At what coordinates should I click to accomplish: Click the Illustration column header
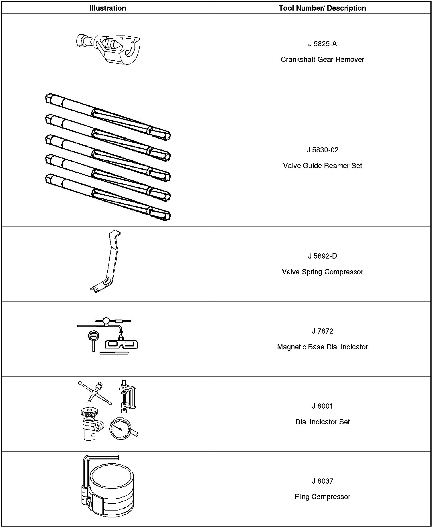(x=108, y=8)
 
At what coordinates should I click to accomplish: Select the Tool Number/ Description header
(x=322, y=8)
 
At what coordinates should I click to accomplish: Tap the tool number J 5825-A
(x=322, y=44)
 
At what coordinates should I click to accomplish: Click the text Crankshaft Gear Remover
(x=322, y=60)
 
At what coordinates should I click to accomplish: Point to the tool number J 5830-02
(x=322, y=150)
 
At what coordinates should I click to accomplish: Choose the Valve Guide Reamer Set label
(x=322, y=166)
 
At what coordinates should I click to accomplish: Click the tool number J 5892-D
(x=322, y=256)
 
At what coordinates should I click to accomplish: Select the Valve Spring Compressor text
(x=322, y=272)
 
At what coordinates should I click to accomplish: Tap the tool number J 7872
(x=322, y=331)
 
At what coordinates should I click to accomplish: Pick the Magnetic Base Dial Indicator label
(x=322, y=347)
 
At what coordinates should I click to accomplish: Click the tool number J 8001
(x=322, y=406)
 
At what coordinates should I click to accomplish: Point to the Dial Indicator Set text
(x=322, y=422)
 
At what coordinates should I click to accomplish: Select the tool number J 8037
(x=322, y=481)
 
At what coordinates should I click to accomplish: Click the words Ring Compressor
(x=322, y=497)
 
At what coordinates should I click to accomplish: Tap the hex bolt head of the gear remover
(x=81, y=41)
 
